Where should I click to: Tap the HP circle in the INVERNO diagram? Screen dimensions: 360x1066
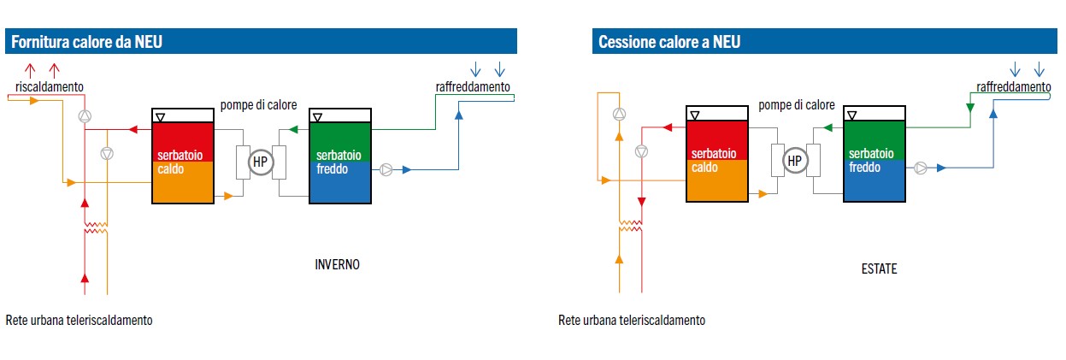[259, 161]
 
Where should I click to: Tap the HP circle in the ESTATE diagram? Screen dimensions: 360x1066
[794, 160]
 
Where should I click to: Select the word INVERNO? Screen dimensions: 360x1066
[338, 264]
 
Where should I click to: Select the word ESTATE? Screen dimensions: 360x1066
[879, 269]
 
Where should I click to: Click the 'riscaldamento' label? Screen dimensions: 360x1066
[49, 86]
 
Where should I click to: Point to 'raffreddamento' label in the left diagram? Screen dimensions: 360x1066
[473, 86]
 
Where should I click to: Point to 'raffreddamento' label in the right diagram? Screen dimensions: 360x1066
[1014, 86]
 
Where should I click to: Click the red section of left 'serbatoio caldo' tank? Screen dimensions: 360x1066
[182, 137]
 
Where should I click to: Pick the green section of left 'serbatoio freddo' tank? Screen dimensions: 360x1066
[340, 137]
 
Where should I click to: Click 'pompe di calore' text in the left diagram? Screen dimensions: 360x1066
[259, 105]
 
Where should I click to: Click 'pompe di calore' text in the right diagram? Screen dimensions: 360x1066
[796, 105]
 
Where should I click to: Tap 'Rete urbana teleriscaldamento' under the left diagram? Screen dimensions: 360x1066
[79, 321]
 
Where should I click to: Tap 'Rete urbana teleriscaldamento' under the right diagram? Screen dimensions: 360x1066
[632, 321]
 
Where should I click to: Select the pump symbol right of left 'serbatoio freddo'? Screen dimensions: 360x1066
[386, 169]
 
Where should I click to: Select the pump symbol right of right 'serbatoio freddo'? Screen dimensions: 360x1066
[921, 168]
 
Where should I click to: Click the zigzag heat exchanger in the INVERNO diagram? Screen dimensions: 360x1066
[96, 229]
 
